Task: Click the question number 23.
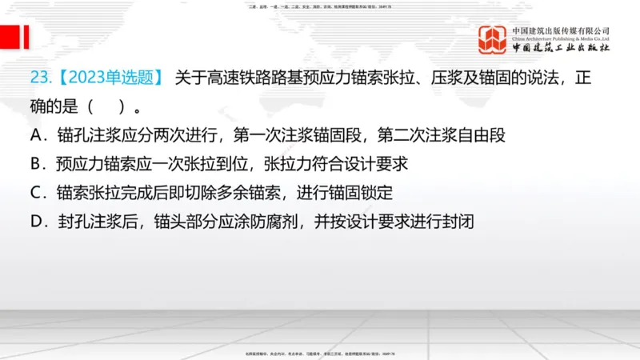[39, 78]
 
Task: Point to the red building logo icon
[492, 39]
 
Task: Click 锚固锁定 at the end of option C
[362, 193]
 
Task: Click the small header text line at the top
[320, 6]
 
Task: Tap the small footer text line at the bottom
[320, 353]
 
